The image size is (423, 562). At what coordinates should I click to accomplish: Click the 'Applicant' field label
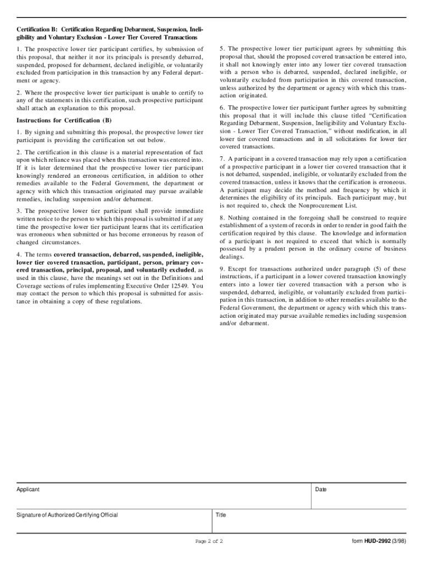point(28,489)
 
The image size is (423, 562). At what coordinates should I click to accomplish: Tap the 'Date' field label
point(321,489)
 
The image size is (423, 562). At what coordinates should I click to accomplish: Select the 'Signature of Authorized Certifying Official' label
point(67,515)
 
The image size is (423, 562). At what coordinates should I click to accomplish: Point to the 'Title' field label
point(221,515)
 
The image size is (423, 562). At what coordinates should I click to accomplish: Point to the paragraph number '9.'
point(222,269)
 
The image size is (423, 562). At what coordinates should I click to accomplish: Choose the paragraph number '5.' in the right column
point(222,48)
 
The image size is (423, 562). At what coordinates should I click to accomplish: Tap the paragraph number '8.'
point(222,217)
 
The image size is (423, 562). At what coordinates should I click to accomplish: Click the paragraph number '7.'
point(222,159)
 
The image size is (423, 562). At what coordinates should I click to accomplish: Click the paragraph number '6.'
point(222,108)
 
